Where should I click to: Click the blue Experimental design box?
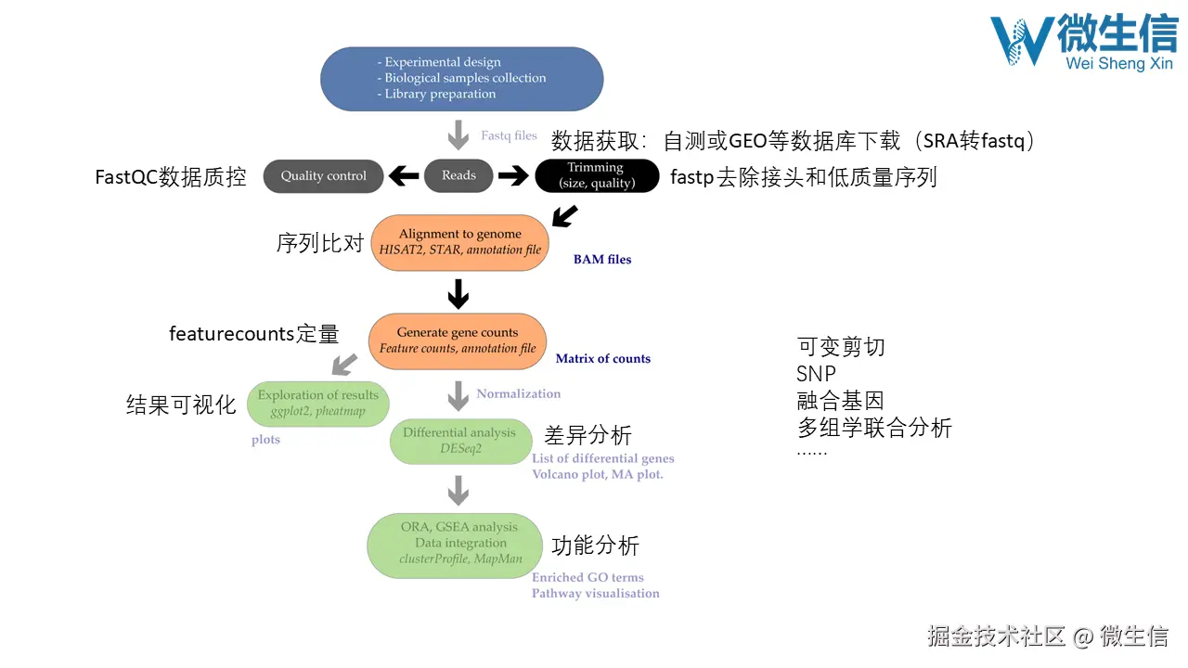coord(461,79)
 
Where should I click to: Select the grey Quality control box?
coord(323,176)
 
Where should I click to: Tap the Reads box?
coord(458,175)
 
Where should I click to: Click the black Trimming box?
coord(596,175)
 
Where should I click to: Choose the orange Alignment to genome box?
coord(460,242)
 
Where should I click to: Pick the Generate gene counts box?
coord(458,340)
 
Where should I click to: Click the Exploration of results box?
coord(318,404)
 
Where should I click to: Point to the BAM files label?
coord(602,260)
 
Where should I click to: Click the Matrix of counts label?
coord(603,359)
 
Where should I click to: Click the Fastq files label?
coord(509,135)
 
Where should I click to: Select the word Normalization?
coord(518,393)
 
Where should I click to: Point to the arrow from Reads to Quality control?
coord(403,175)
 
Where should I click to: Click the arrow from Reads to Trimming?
coord(512,175)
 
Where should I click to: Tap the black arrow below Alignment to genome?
coord(458,294)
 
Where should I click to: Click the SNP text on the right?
coord(817,374)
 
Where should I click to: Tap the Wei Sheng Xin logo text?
coord(1119,64)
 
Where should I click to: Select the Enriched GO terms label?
coord(588,577)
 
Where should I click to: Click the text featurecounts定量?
coord(253,334)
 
